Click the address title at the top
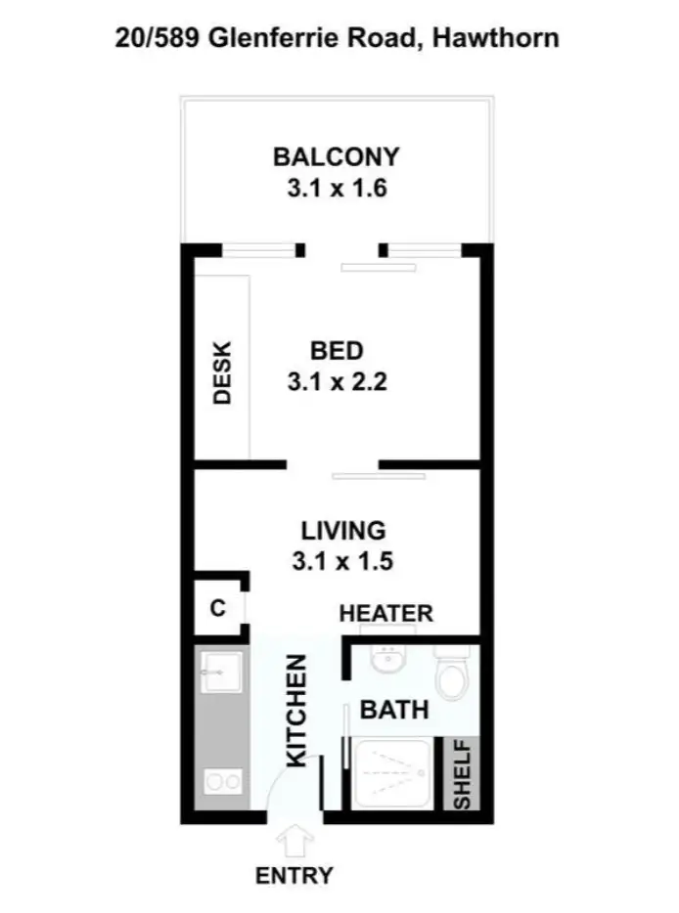tap(338, 38)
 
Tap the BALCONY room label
tap(337, 156)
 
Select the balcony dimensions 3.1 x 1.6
tap(337, 189)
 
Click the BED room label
tap(337, 350)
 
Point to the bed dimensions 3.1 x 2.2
tap(337, 382)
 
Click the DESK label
tap(222, 372)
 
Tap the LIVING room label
tap(342, 531)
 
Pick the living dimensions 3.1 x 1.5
tap(342, 562)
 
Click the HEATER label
tap(385, 614)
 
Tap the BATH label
tap(394, 710)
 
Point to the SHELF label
tap(462, 773)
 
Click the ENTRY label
tap(294, 876)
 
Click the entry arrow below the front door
tap(293, 842)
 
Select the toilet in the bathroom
tap(452, 674)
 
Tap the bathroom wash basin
tap(390, 661)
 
